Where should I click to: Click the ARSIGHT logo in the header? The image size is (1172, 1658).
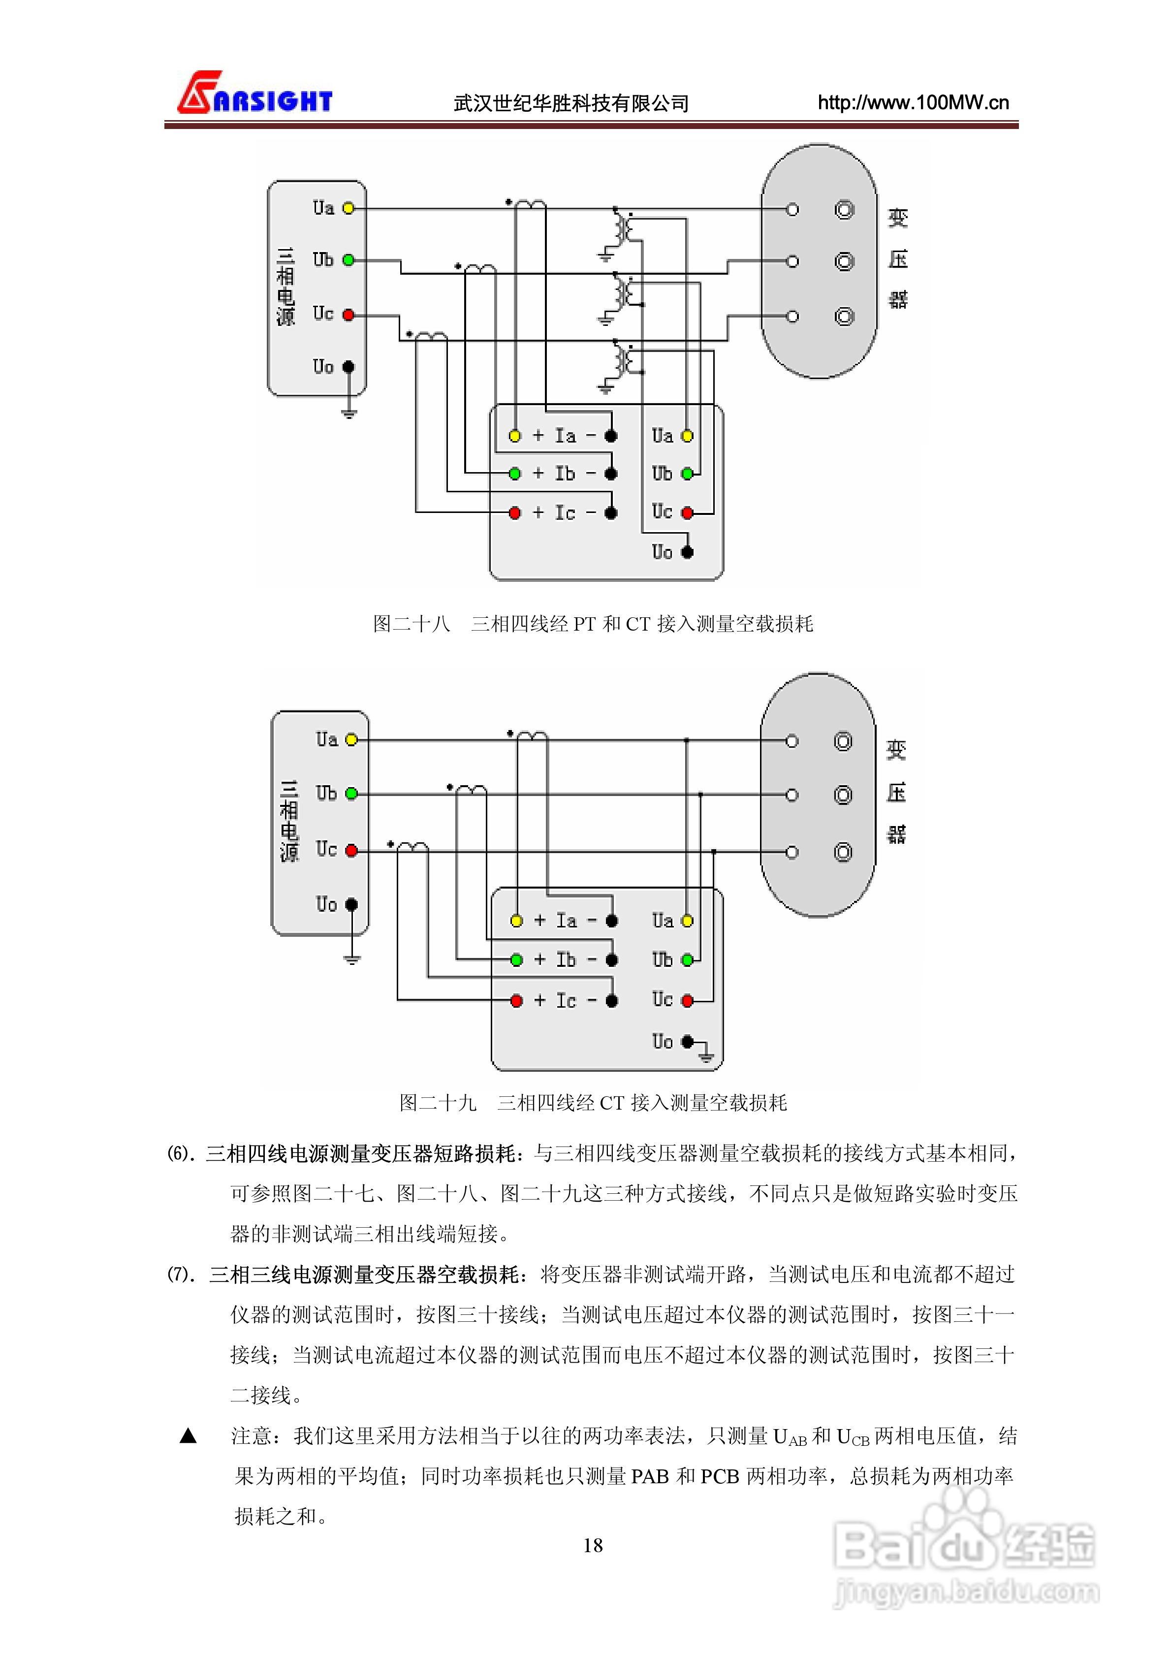pyautogui.click(x=254, y=94)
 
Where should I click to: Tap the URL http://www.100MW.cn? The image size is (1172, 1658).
pyautogui.click(x=913, y=102)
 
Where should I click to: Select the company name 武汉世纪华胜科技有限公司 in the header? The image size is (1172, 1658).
pyautogui.click(x=570, y=103)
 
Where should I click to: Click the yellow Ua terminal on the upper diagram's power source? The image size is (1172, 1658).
pyautogui.click(x=348, y=208)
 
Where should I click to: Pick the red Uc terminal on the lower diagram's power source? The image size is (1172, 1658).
pyautogui.click(x=351, y=851)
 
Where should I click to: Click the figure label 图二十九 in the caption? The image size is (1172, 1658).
pyautogui.click(x=438, y=1103)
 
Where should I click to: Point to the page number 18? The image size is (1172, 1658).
pyautogui.click(x=592, y=1545)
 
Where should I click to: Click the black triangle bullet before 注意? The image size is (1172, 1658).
pyautogui.click(x=188, y=1435)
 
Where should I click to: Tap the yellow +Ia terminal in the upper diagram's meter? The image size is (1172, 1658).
pyautogui.click(x=515, y=436)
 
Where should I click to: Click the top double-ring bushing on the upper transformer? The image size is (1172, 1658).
pyautogui.click(x=844, y=209)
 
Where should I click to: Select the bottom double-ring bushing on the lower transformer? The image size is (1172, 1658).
pyautogui.click(x=843, y=852)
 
